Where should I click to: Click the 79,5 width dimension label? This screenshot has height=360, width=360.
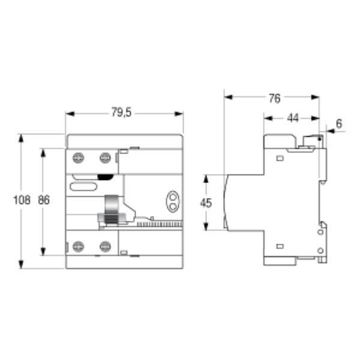coord(122,112)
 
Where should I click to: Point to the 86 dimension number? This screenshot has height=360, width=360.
coord(43,201)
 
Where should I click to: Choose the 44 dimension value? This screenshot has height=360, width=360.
coord(292,118)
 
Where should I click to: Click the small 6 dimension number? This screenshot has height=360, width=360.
coord(339,124)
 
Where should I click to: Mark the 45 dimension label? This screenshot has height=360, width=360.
coord(206,203)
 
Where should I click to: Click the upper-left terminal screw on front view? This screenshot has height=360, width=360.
coord(77,158)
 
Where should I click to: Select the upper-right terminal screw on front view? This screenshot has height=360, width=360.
coord(105,158)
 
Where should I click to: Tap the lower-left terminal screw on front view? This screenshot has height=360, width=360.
coord(77,245)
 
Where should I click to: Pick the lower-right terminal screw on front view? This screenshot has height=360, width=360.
coord(105,245)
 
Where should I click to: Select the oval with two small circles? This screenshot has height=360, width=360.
coord(172,200)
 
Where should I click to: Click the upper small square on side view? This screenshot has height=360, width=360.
coord(280,158)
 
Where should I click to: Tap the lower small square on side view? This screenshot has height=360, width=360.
coord(280,245)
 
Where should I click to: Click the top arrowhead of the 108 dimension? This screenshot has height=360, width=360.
coord(22,137)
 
